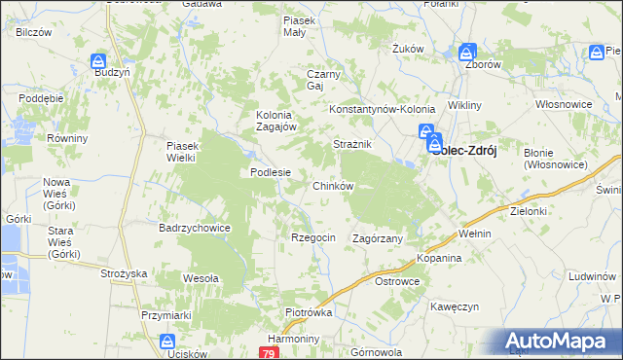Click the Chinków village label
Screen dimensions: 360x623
point(332,185)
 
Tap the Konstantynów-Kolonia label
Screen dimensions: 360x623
point(382,110)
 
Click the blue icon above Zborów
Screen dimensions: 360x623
point(468,53)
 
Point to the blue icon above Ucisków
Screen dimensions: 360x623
point(167,342)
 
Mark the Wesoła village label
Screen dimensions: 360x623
point(201,278)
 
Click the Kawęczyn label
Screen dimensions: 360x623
point(456,306)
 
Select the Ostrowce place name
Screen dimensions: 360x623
point(397,281)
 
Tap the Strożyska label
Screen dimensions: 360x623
point(123,274)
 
